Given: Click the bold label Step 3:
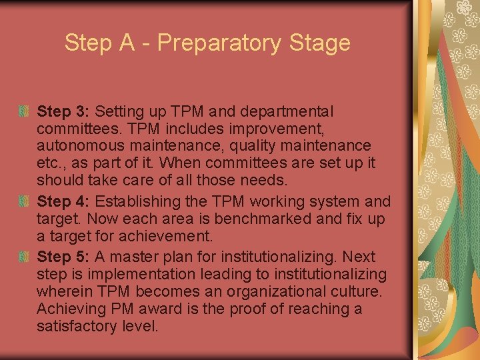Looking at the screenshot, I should click(63, 111).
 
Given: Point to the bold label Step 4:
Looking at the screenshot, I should click(63, 201).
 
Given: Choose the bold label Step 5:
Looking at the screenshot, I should click(63, 257).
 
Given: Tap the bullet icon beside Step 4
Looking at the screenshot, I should click(24, 200).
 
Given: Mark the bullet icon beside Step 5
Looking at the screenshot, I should click(24, 256).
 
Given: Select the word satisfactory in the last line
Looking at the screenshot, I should click(75, 326).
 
